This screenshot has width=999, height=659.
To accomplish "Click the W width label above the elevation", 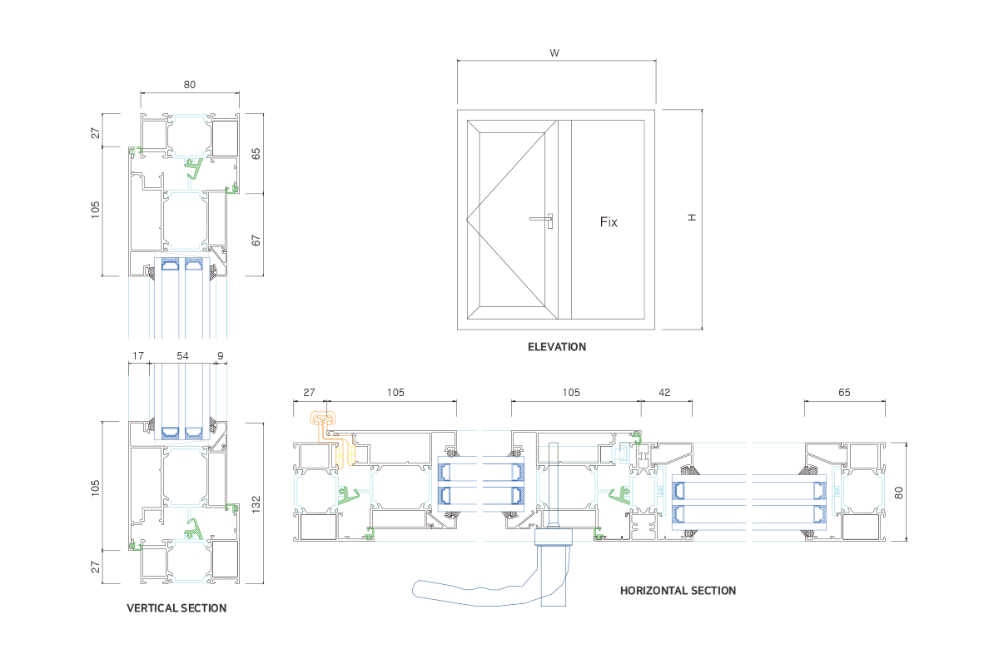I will (554, 52).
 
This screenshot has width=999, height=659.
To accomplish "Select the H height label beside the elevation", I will (692, 217).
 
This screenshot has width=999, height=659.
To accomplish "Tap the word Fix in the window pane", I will (609, 222).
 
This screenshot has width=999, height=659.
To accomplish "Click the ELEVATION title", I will (557, 347).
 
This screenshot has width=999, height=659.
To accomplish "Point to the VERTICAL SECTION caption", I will (176, 608).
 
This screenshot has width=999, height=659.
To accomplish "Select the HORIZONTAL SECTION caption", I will (678, 591).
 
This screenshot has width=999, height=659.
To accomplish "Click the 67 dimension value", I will (256, 240).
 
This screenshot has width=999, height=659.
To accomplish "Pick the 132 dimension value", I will (256, 503).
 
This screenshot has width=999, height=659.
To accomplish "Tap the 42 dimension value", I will (664, 392).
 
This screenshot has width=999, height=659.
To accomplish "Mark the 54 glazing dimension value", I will (182, 355).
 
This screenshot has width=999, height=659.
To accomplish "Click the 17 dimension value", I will (137, 355).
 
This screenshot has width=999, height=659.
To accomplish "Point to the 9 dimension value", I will (220, 355).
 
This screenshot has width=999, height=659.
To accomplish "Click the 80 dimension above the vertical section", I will (190, 84).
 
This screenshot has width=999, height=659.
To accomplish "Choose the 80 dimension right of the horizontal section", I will (899, 492).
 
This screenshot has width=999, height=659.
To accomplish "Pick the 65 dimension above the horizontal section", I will (844, 392).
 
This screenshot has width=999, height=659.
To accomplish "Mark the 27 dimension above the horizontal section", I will (309, 392).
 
